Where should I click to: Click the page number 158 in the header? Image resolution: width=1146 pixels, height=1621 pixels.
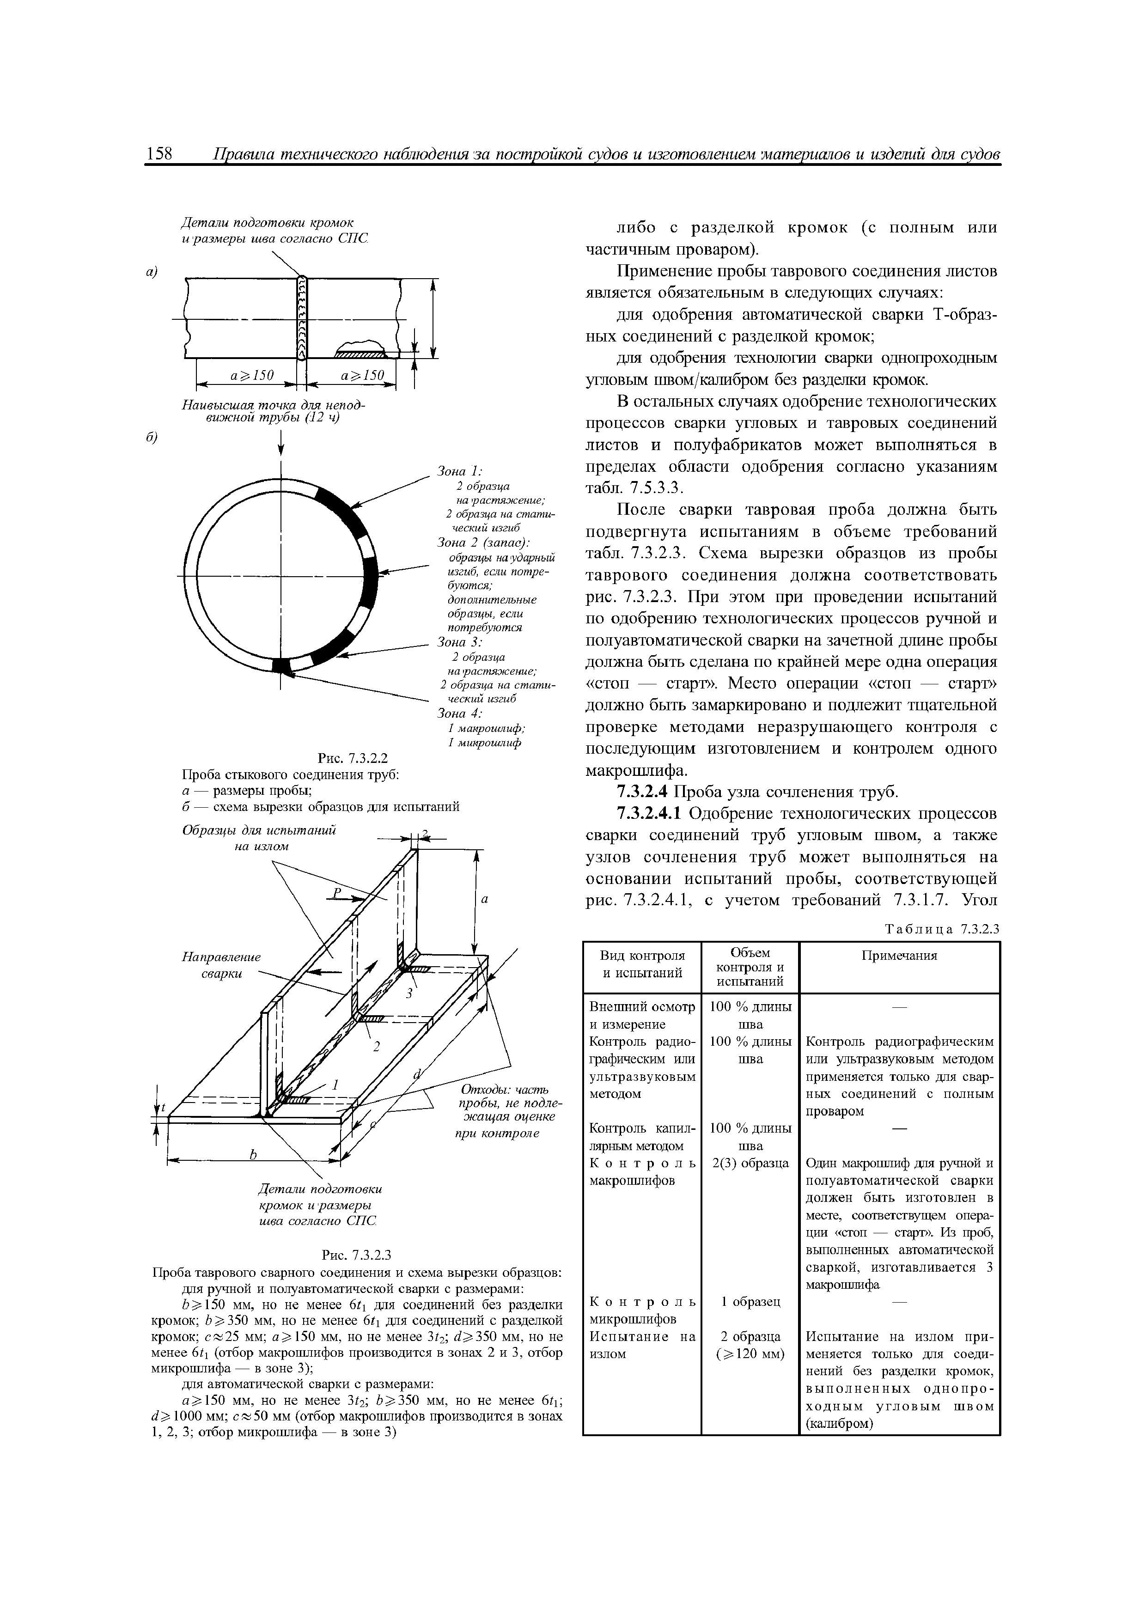pyautogui.click(x=159, y=154)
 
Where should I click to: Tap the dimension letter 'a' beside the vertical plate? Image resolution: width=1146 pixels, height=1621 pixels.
pyautogui.click(x=485, y=900)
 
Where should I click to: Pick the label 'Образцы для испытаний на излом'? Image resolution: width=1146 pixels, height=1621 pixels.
pyautogui.click(x=260, y=837)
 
